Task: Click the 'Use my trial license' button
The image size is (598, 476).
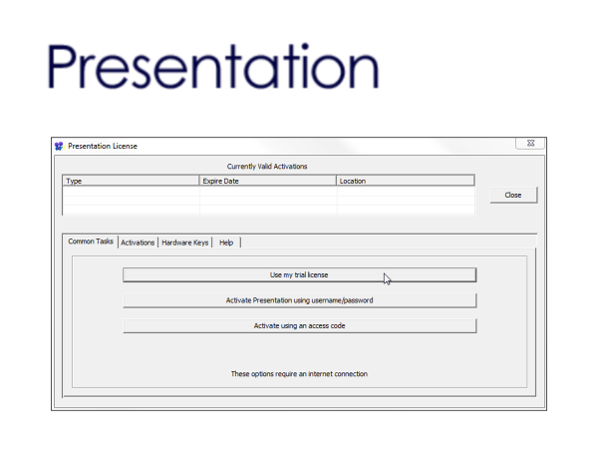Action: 299,274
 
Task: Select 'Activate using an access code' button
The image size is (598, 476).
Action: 299,326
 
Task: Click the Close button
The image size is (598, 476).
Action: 513,195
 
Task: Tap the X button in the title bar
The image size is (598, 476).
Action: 530,143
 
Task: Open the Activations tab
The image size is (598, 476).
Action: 138,242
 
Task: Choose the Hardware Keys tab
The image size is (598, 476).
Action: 185,242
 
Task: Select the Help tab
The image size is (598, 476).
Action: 226,242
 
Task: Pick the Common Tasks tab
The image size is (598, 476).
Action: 91,241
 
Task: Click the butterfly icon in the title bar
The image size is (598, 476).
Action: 59,147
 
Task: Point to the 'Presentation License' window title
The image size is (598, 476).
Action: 103,147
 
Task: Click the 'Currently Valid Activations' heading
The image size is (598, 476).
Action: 267,167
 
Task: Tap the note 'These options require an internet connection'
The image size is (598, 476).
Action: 299,374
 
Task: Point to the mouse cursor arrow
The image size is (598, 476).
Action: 387,279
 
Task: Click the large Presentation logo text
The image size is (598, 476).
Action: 213,67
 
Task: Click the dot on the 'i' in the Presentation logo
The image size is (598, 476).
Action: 305,46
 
